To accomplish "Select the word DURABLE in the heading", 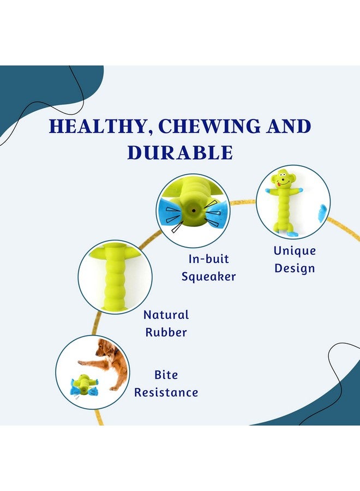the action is [x=180, y=153].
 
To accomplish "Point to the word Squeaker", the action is [x=209, y=277].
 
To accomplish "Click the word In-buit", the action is [x=208, y=259].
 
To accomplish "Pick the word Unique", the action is [x=295, y=251].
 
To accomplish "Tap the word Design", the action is [x=295, y=268].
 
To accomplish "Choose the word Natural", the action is [x=166, y=315].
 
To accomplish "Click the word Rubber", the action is [x=166, y=332].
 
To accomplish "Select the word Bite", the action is [x=166, y=375].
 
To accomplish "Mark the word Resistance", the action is [x=166, y=393].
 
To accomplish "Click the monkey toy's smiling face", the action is [x=283, y=179].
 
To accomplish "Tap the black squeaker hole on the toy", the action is [x=194, y=211].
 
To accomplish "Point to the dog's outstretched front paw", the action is [x=81, y=363].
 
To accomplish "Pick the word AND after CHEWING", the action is [x=289, y=126].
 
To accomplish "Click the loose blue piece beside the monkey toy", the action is [x=322, y=214].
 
